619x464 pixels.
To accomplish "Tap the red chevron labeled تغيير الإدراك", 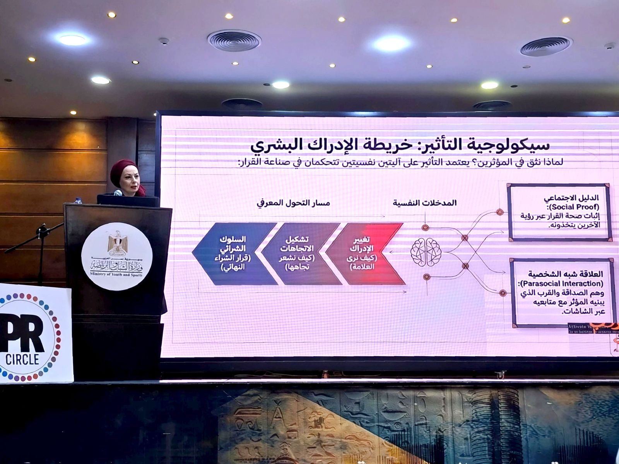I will coord(364,253).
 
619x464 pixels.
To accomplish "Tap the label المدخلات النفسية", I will coord(425,203).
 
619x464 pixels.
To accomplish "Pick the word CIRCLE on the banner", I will coord(22,359).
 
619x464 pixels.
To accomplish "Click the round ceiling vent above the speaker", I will coord(234,40).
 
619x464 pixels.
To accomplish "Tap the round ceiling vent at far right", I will coord(545,46).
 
